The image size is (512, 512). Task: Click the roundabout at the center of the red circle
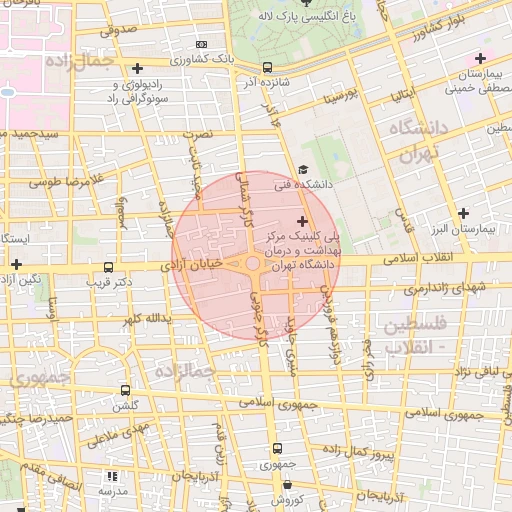click(x=254, y=263)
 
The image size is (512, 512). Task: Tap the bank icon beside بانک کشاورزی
click(x=202, y=44)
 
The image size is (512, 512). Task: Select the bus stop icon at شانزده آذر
click(x=266, y=68)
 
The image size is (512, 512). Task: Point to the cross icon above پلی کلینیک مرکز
click(x=303, y=219)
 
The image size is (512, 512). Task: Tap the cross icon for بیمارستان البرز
click(x=462, y=213)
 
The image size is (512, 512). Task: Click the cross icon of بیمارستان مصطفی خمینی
click(x=481, y=58)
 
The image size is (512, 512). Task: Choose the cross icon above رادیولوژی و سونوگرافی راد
click(x=137, y=68)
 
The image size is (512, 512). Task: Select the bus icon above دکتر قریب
click(x=109, y=267)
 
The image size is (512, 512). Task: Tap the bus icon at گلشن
click(x=125, y=390)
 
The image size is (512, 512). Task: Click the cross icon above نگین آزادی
click(x=15, y=264)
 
